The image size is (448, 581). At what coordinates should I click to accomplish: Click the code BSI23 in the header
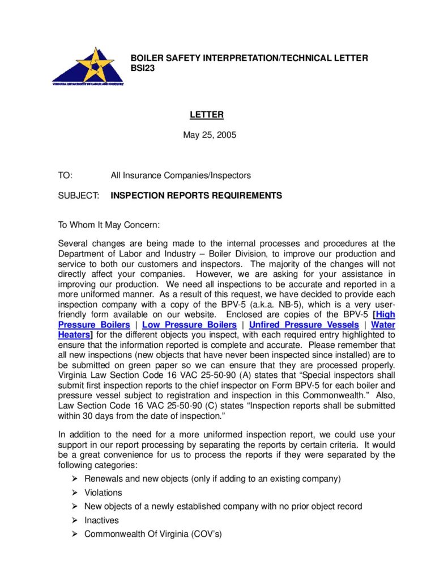[x=143, y=68]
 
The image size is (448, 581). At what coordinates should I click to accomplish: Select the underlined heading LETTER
[x=207, y=115]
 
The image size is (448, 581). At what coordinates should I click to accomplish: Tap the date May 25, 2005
[x=210, y=135]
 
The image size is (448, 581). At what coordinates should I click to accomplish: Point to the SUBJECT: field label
[x=79, y=196]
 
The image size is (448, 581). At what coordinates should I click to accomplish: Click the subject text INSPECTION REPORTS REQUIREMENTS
[x=196, y=196]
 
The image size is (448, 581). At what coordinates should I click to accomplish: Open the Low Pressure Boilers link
[x=189, y=325]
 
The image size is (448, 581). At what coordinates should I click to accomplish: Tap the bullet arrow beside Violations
[x=75, y=492]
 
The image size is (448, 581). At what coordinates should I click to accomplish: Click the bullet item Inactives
[x=101, y=520]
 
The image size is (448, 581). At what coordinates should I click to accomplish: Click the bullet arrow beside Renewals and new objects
[x=75, y=479]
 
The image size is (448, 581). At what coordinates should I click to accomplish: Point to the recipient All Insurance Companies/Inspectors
[x=181, y=175]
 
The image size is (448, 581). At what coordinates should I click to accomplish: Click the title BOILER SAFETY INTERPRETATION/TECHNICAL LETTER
[x=249, y=58]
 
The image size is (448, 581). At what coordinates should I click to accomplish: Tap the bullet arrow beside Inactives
[x=75, y=520]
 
